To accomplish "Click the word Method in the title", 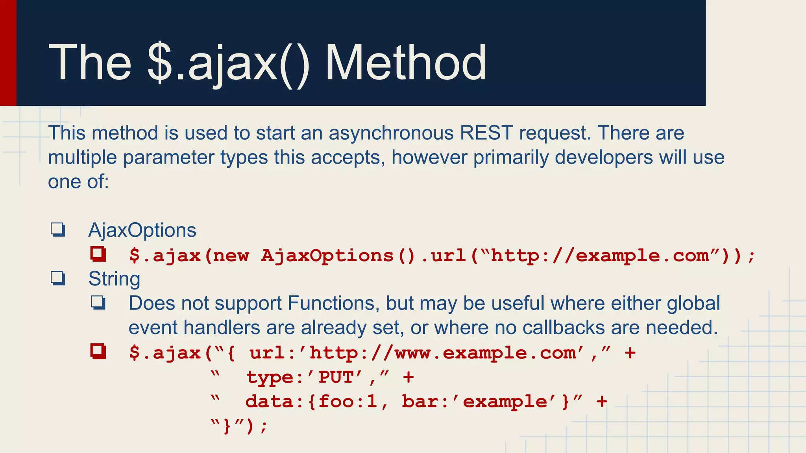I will click(x=406, y=63).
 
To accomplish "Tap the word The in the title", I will click(x=90, y=63).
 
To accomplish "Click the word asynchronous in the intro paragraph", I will click(x=391, y=133).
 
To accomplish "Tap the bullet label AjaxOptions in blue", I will click(x=142, y=230).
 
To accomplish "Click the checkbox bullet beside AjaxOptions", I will click(x=58, y=230).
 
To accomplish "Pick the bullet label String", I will click(x=114, y=279).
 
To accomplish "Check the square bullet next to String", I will click(x=58, y=278).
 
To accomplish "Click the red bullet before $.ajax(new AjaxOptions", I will click(x=98, y=254).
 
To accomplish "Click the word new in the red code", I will click(x=231, y=256).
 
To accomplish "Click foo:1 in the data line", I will click(x=348, y=401).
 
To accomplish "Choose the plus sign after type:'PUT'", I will click(x=409, y=377).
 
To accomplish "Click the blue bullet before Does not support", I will click(x=98, y=303).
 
